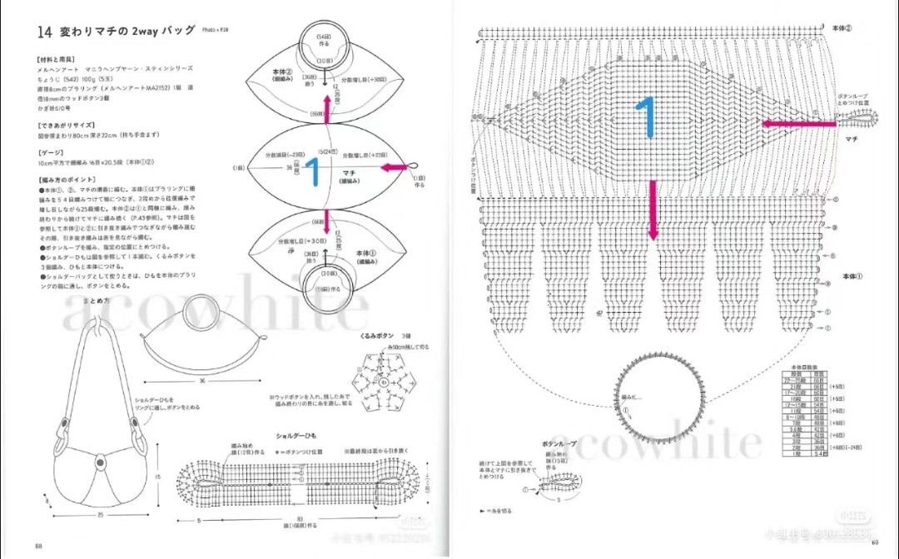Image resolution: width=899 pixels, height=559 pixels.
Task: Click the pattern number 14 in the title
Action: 43,32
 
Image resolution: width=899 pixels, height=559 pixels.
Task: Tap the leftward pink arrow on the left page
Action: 395,169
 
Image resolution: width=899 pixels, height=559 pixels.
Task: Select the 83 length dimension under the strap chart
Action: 299,522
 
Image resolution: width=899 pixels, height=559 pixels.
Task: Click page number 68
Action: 38,546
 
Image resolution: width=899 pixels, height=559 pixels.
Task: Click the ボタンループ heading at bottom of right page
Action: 559,445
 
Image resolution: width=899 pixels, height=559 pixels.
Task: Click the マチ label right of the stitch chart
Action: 851,139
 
